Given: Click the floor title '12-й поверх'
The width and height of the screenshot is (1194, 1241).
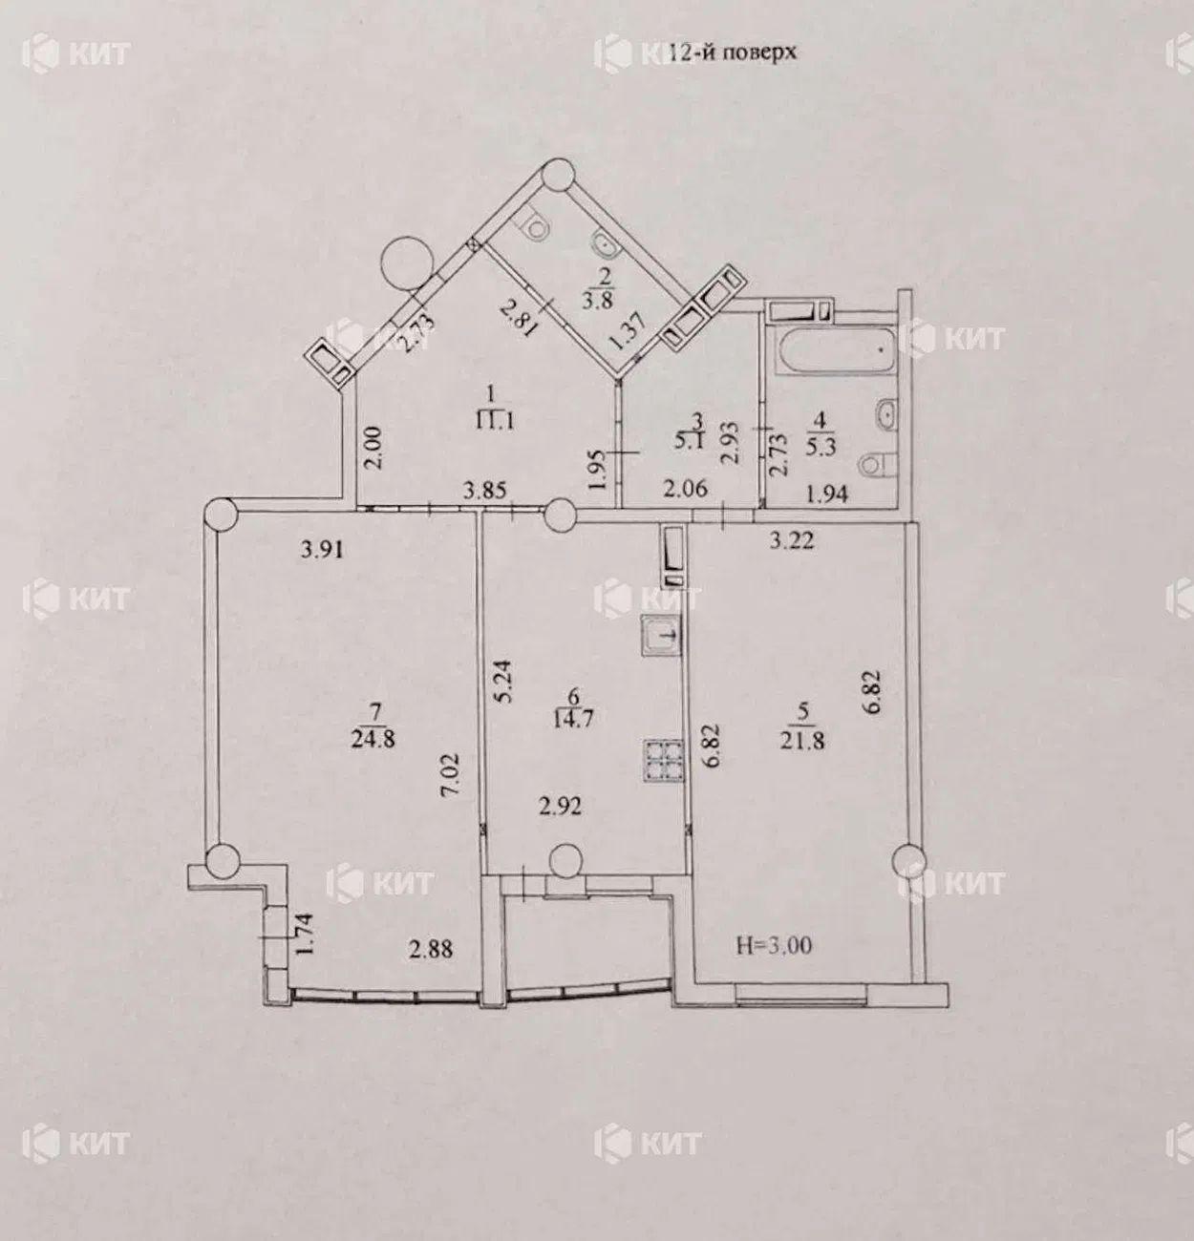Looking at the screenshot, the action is point(731,53).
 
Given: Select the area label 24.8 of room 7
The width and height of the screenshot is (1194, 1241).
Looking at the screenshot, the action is point(373,739).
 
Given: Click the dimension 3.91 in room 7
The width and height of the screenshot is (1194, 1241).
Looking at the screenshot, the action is point(322,549).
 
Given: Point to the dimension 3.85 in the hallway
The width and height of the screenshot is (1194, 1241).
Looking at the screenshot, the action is point(484,491).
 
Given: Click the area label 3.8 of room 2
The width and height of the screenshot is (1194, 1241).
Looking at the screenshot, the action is point(597,300).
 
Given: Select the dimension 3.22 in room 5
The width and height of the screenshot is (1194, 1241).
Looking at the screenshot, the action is point(792,540).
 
